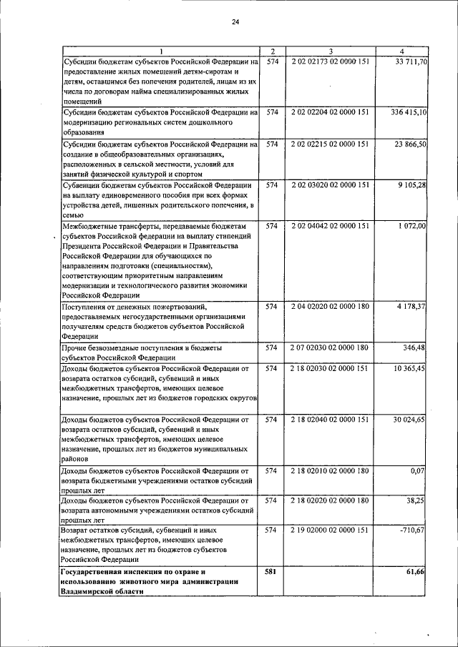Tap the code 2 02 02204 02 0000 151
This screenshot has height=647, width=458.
(330, 112)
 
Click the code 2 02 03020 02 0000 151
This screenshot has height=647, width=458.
(330, 185)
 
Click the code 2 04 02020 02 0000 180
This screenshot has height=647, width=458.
(330, 307)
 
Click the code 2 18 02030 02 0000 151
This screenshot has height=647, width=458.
(330, 368)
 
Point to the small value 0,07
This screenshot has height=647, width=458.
(419, 470)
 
